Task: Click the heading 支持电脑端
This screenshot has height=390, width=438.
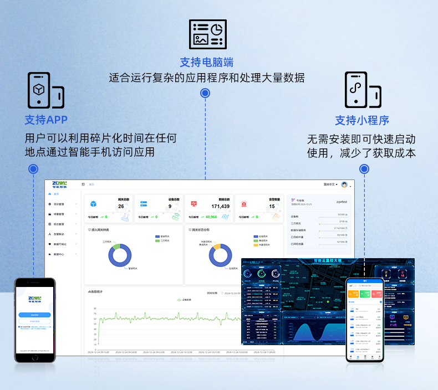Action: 206,62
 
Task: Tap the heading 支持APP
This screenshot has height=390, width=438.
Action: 46,120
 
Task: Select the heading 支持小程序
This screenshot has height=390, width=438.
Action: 361,120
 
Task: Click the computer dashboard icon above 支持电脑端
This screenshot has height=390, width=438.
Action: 207,34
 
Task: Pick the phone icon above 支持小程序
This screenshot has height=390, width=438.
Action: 362,89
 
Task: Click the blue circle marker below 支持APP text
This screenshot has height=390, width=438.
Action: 33,169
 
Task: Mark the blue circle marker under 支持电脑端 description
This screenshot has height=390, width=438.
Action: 205,93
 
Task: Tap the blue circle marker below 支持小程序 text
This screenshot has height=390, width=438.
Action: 364,169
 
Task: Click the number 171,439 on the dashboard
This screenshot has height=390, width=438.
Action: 220,207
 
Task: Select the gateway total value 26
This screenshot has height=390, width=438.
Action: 121,207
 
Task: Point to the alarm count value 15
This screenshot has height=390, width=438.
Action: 272,207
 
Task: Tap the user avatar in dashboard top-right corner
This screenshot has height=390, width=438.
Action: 344,184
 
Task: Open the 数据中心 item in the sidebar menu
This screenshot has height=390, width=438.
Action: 59,254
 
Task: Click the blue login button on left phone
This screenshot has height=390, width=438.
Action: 34,315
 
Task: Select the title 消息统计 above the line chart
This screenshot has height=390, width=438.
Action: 95,291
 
